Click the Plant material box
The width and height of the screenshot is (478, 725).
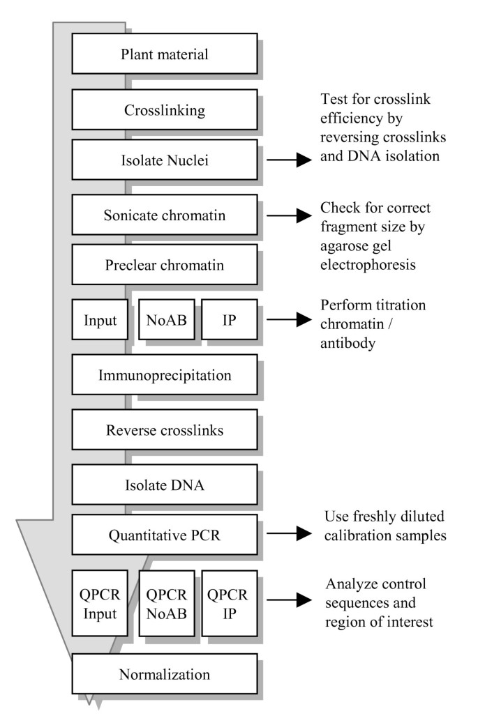pyautogui.click(x=164, y=53)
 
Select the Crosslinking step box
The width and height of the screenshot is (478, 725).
pyautogui.click(x=164, y=110)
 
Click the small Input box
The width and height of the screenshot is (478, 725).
pyautogui.click(x=100, y=319)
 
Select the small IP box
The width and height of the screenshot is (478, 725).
pyautogui.click(x=229, y=319)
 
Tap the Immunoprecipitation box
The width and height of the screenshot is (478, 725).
pyautogui.click(x=164, y=375)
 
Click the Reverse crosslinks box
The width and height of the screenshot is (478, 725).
pyautogui.click(x=164, y=430)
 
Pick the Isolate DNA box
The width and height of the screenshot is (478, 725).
pyautogui.click(x=164, y=484)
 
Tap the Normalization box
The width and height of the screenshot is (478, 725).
pyautogui.click(x=164, y=674)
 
